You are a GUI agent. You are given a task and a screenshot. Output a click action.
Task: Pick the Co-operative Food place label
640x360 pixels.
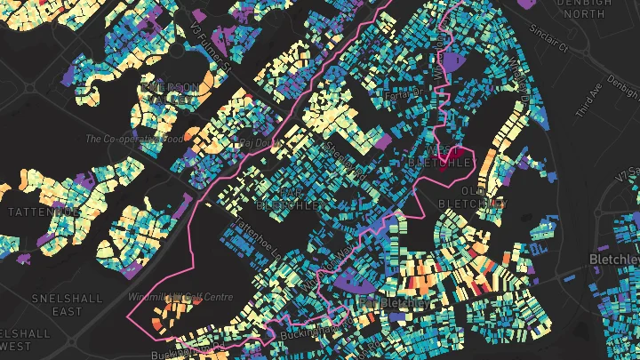134,139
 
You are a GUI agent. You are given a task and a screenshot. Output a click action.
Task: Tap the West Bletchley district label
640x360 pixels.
439,156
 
